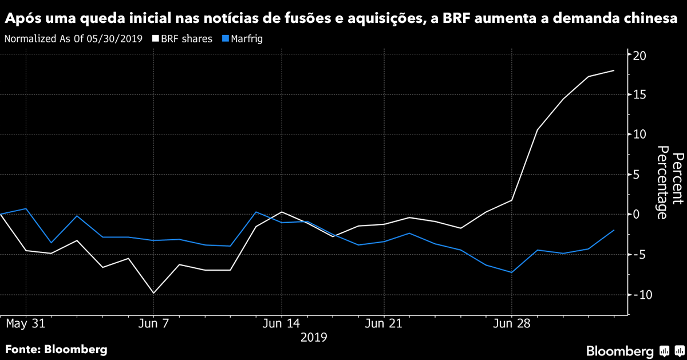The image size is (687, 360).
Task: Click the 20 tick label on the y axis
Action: [639, 56]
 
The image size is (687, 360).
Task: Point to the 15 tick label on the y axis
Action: [639, 94]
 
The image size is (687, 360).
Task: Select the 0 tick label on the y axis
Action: [636, 214]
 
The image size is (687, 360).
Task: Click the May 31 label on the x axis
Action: [25, 323]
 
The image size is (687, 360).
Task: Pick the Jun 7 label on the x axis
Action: [153, 323]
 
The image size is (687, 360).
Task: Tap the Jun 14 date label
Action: [281, 323]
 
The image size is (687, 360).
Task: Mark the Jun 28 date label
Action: [511, 323]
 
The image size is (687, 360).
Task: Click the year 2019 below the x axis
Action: [314, 337]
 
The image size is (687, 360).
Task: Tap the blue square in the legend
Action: [225, 39]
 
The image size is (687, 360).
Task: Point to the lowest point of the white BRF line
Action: [153, 293]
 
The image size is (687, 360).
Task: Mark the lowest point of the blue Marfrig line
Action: [511, 272]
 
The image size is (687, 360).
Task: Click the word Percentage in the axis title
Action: [662, 182]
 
